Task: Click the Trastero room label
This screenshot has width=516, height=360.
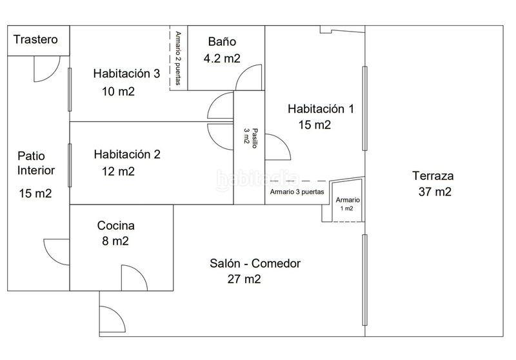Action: pyautogui.click(x=35, y=39)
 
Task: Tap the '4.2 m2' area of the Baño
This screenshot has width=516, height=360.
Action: pyautogui.click(x=222, y=58)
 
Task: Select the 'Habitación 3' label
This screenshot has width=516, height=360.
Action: pyautogui.click(x=126, y=74)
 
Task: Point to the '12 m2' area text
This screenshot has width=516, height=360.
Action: pyautogui.click(x=118, y=172)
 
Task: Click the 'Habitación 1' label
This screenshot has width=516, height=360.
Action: pyautogui.click(x=321, y=109)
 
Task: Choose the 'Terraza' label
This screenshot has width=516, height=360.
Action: pyautogui.click(x=433, y=175)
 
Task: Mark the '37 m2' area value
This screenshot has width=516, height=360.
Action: pyautogui.click(x=435, y=192)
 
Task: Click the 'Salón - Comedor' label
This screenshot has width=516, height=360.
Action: pyautogui.click(x=255, y=263)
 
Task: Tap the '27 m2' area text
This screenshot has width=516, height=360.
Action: pyautogui.click(x=244, y=279)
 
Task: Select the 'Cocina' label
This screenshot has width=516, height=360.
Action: pyautogui.click(x=116, y=225)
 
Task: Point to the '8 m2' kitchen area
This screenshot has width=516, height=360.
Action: pyautogui.click(x=115, y=241)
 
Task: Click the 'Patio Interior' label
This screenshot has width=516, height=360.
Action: pyautogui.click(x=36, y=163)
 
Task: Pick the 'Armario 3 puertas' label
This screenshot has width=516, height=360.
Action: pyautogui.click(x=297, y=192)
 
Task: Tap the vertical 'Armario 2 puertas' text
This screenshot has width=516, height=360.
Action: pyautogui.click(x=178, y=58)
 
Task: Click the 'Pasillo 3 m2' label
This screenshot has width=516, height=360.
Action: pyautogui.click(x=250, y=138)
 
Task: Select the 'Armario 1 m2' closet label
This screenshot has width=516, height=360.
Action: pyautogui.click(x=348, y=204)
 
